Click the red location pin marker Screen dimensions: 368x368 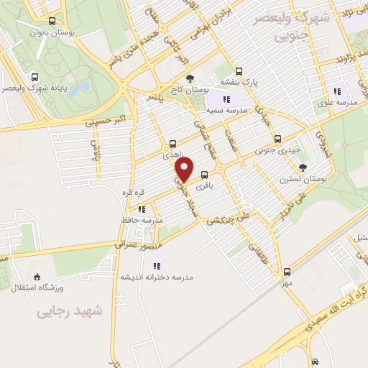[x=185, y=170]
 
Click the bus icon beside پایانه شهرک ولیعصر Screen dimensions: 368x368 [x=35, y=76]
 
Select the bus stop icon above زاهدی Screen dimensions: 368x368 [x=172, y=143]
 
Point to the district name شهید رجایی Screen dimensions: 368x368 [x=70, y=311]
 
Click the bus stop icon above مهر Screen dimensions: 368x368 [x=287, y=272]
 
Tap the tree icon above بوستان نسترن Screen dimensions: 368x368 [x=303, y=167]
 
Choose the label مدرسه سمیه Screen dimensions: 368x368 [x=227, y=111]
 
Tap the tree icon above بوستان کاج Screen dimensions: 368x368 [x=190, y=79]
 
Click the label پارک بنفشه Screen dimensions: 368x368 [x=259, y=82]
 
